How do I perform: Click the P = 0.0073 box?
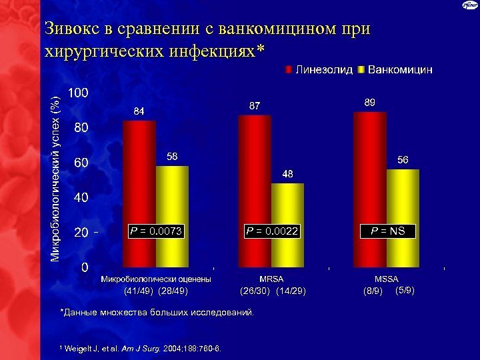[x=156, y=231]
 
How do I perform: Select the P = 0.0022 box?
[x=272, y=231]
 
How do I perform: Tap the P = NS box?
[x=388, y=231]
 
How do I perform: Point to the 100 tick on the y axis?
[x=79, y=93]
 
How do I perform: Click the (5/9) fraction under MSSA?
[x=405, y=291]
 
